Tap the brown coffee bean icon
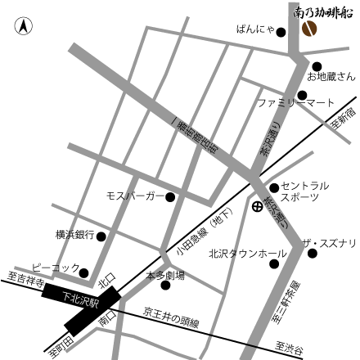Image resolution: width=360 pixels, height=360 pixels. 310,29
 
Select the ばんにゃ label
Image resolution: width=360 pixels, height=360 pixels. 254,32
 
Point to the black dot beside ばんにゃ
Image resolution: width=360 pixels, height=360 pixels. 281,33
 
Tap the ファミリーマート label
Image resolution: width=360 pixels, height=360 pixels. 296,103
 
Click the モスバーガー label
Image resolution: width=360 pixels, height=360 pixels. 135,197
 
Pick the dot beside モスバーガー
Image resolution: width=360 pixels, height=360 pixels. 170,197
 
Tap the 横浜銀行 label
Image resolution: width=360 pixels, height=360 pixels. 74,235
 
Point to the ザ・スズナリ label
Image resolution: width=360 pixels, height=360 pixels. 329,243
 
